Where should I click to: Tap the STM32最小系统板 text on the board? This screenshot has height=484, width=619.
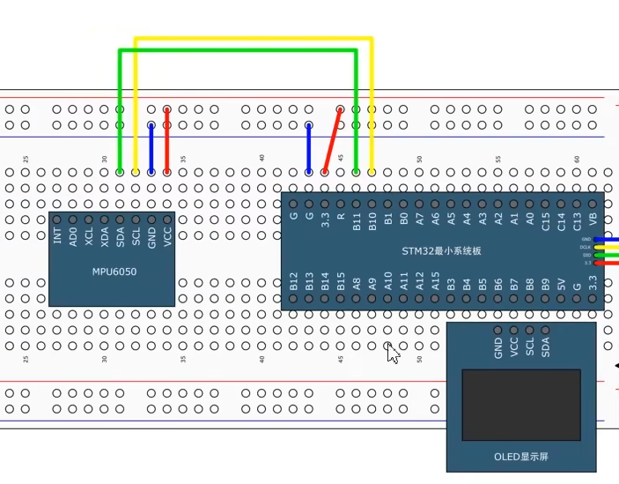coord(442,251)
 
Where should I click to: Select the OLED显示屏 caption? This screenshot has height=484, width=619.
coord(520,458)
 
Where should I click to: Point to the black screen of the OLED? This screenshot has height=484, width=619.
coord(521,405)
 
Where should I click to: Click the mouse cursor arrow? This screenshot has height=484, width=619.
coord(393,354)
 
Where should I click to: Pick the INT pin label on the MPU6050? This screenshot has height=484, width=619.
coord(57,236)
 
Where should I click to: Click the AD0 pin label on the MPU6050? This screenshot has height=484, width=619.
coord(73,236)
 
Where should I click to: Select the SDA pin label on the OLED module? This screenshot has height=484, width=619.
coord(546,347)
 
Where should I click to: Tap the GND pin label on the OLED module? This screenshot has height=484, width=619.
coord(498,347)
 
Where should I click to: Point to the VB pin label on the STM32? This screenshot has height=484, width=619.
coord(593,217)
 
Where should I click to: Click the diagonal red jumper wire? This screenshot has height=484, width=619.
coord(333,139)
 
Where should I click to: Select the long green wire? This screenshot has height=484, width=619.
coord(238,51)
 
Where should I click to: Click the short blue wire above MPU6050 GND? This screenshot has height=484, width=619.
coord(151,148)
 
